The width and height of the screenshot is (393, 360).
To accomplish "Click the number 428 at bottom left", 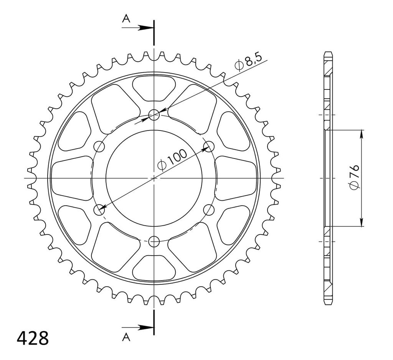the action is click(x=33, y=339).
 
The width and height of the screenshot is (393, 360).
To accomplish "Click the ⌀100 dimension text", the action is click(x=172, y=160).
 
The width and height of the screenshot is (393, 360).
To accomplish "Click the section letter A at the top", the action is click(x=126, y=18).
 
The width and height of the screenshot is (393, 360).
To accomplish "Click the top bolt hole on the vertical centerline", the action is click(x=154, y=115).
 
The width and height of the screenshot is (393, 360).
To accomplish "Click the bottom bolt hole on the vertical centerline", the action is click(x=154, y=242).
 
